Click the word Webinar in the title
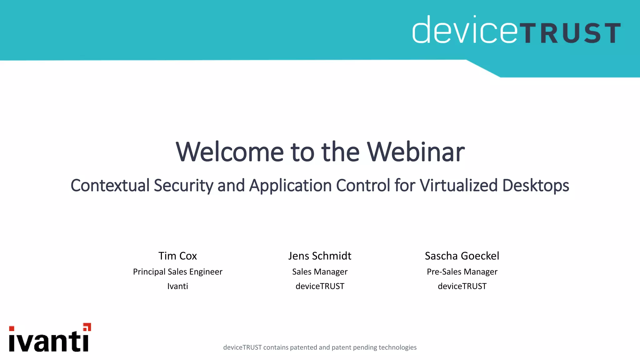pos(416,152)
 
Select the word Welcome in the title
pos(230,152)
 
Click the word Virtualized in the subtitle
pos(458,185)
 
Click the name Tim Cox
pos(177,256)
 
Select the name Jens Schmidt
pos(320,256)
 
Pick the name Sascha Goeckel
pos(462,256)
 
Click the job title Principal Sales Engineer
pos(177,272)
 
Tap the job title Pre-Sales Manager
pos(462,272)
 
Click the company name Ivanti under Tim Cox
pos(177,286)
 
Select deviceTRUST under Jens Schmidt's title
pos(320,286)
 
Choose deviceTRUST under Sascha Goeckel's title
pos(462,286)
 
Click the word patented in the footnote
pos(303,347)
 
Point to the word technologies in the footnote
pos(397,347)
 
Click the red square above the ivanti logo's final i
pos(87,327)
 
